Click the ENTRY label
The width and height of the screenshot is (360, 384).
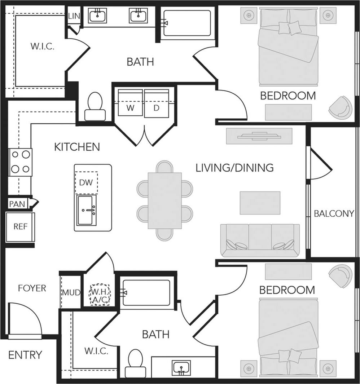click(25, 355)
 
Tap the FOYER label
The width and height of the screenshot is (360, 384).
click(32, 288)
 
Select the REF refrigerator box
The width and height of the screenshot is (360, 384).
click(20, 227)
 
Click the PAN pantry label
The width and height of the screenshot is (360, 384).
click(17, 204)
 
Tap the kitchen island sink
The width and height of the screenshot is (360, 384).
click(87, 211)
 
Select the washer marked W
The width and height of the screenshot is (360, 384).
click(130, 103)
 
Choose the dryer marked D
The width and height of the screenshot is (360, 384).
click(157, 103)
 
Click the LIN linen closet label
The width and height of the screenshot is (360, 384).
click(74, 16)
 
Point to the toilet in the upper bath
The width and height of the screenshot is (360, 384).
click(95, 106)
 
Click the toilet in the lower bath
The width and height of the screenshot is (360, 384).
click(135, 363)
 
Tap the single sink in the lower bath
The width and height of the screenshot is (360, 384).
click(181, 367)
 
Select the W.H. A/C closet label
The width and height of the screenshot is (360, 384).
click(99, 295)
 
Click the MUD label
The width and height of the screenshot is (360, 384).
click(71, 292)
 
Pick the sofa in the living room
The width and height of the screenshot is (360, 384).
click(260, 240)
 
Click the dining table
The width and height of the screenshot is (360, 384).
click(164, 200)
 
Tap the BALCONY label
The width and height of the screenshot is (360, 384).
click(333, 213)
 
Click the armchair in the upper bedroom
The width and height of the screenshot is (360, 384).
click(340, 107)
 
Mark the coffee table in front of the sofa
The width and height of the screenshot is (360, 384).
click(260, 203)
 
